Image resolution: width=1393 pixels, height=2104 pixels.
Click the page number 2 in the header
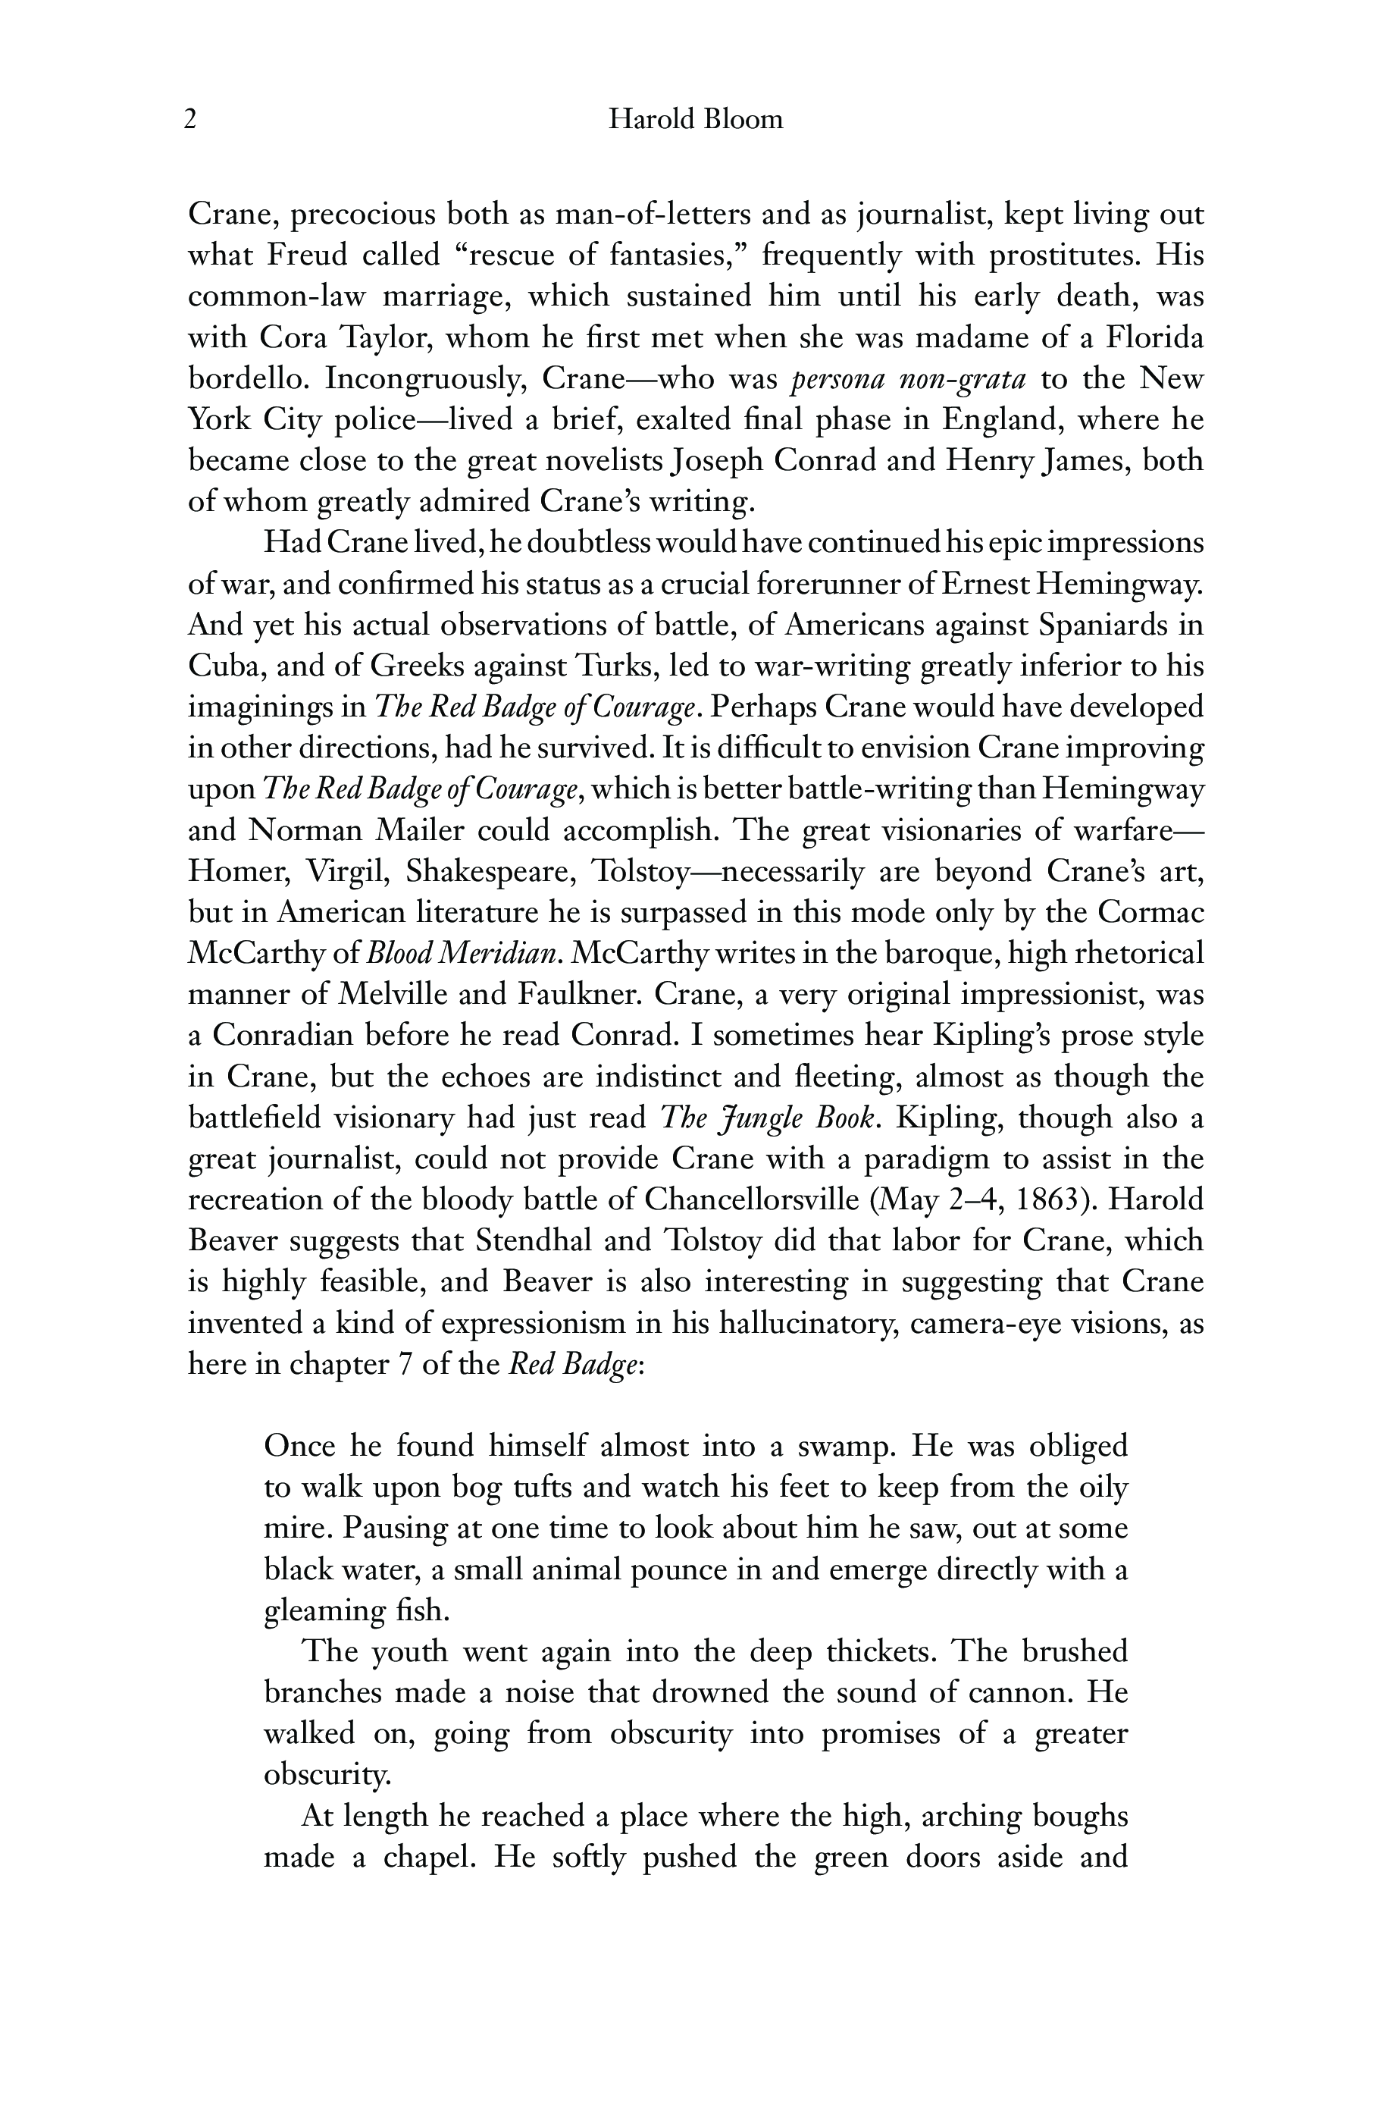(x=190, y=119)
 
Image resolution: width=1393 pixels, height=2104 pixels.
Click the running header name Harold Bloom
(x=696, y=119)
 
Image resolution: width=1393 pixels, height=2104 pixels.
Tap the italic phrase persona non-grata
(x=908, y=379)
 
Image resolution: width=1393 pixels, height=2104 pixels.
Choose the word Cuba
(x=222, y=666)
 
